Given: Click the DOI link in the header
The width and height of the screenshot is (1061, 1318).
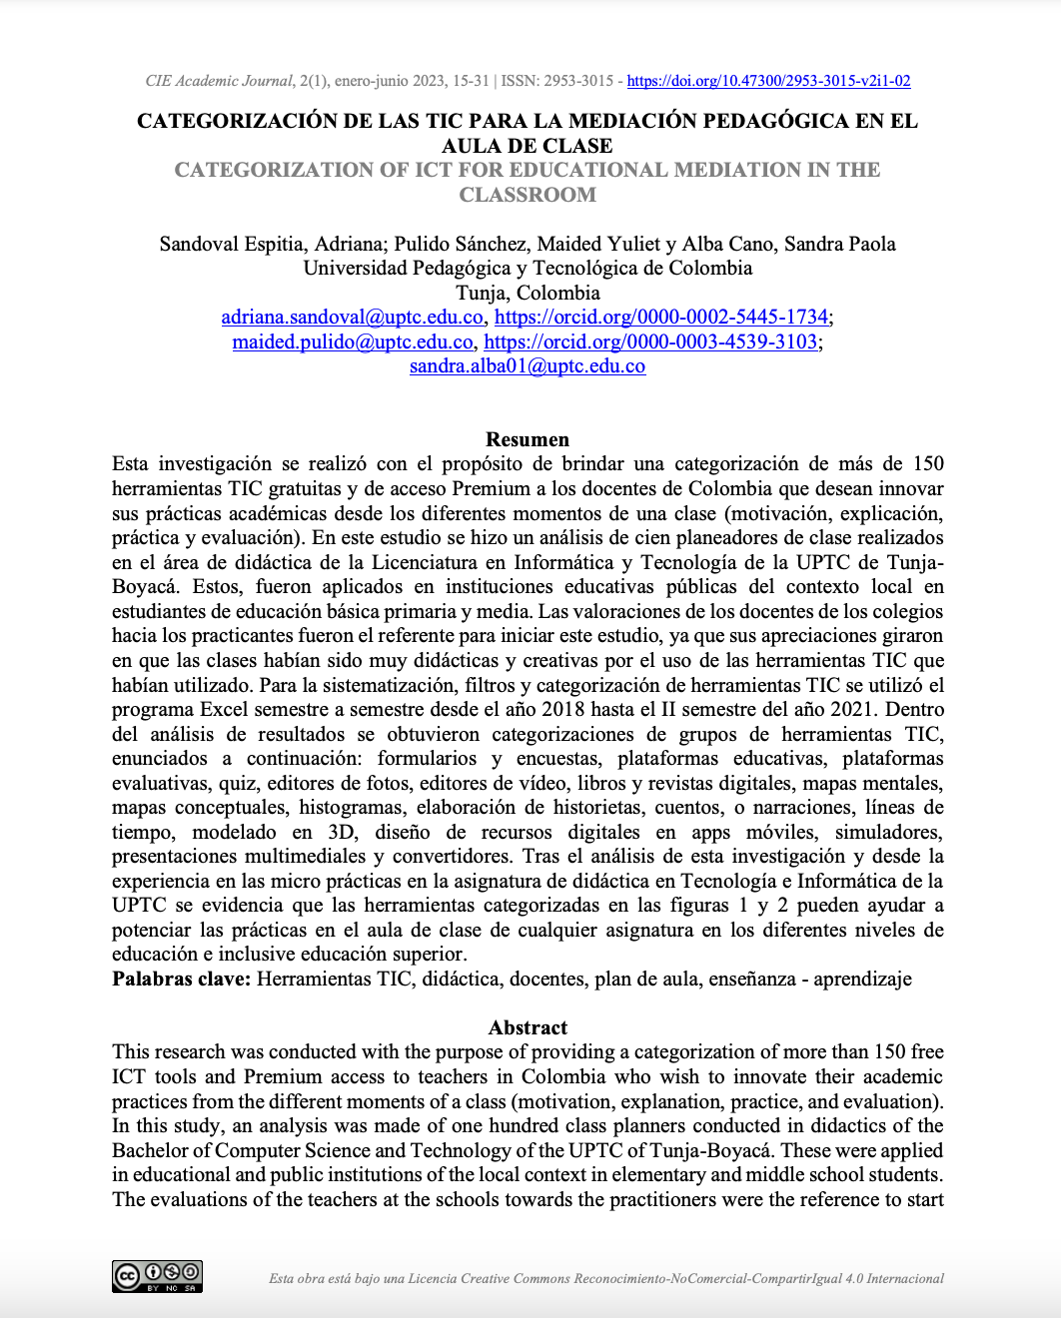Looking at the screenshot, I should pyautogui.click(x=768, y=81).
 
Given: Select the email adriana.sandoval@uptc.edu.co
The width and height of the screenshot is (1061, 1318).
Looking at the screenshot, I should pyautogui.click(x=352, y=318).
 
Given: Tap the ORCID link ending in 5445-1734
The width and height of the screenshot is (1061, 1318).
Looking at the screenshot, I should pyautogui.click(x=660, y=318).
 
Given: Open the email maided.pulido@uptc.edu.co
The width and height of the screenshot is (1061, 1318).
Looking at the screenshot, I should pyautogui.click(x=353, y=342).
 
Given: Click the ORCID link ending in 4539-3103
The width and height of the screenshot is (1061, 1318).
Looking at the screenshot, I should pyautogui.click(x=650, y=342).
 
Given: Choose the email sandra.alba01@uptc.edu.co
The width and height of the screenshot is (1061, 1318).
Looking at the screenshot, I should pyautogui.click(x=528, y=366).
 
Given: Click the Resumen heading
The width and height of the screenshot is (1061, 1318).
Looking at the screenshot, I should pyautogui.click(x=528, y=439).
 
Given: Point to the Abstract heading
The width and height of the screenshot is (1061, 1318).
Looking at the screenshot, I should pyautogui.click(x=528, y=1027).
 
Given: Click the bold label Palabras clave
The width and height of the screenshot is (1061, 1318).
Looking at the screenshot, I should pyautogui.click(x=181, y=979).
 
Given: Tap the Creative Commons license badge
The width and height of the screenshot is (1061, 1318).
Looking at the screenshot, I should pyautogui.click(x=157, y=1276).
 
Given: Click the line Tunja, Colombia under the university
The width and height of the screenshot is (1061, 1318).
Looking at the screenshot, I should pyautogui.click(x=528, y=293).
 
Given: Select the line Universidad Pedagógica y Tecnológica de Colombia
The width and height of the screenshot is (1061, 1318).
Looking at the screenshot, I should pyautogui.click(x=528, y=268).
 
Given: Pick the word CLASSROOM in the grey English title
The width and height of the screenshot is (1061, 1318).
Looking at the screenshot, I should pyautogui.click(x=528, y=195).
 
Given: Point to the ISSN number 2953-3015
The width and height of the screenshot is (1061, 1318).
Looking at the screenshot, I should pyautogui.click(x=578, y=81).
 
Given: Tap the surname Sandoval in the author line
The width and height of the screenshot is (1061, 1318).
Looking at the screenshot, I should pyautogui.click(x=200, y=244).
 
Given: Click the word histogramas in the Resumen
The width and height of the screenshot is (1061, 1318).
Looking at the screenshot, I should pyautogui.click(x=351, y=808).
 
